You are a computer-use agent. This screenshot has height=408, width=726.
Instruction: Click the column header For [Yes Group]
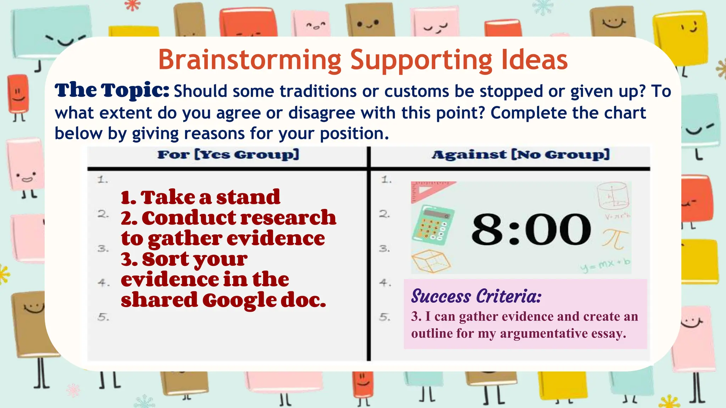228,154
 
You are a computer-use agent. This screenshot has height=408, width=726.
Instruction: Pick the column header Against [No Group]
520,154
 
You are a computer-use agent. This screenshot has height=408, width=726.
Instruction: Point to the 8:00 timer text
531,229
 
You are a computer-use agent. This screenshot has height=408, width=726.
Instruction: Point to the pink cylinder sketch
613,195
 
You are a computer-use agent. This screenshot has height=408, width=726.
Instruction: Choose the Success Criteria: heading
476,296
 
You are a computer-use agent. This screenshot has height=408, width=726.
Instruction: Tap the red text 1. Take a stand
200,197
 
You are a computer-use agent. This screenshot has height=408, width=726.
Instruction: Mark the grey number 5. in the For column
103,317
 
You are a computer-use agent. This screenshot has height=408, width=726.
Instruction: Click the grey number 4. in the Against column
385,283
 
